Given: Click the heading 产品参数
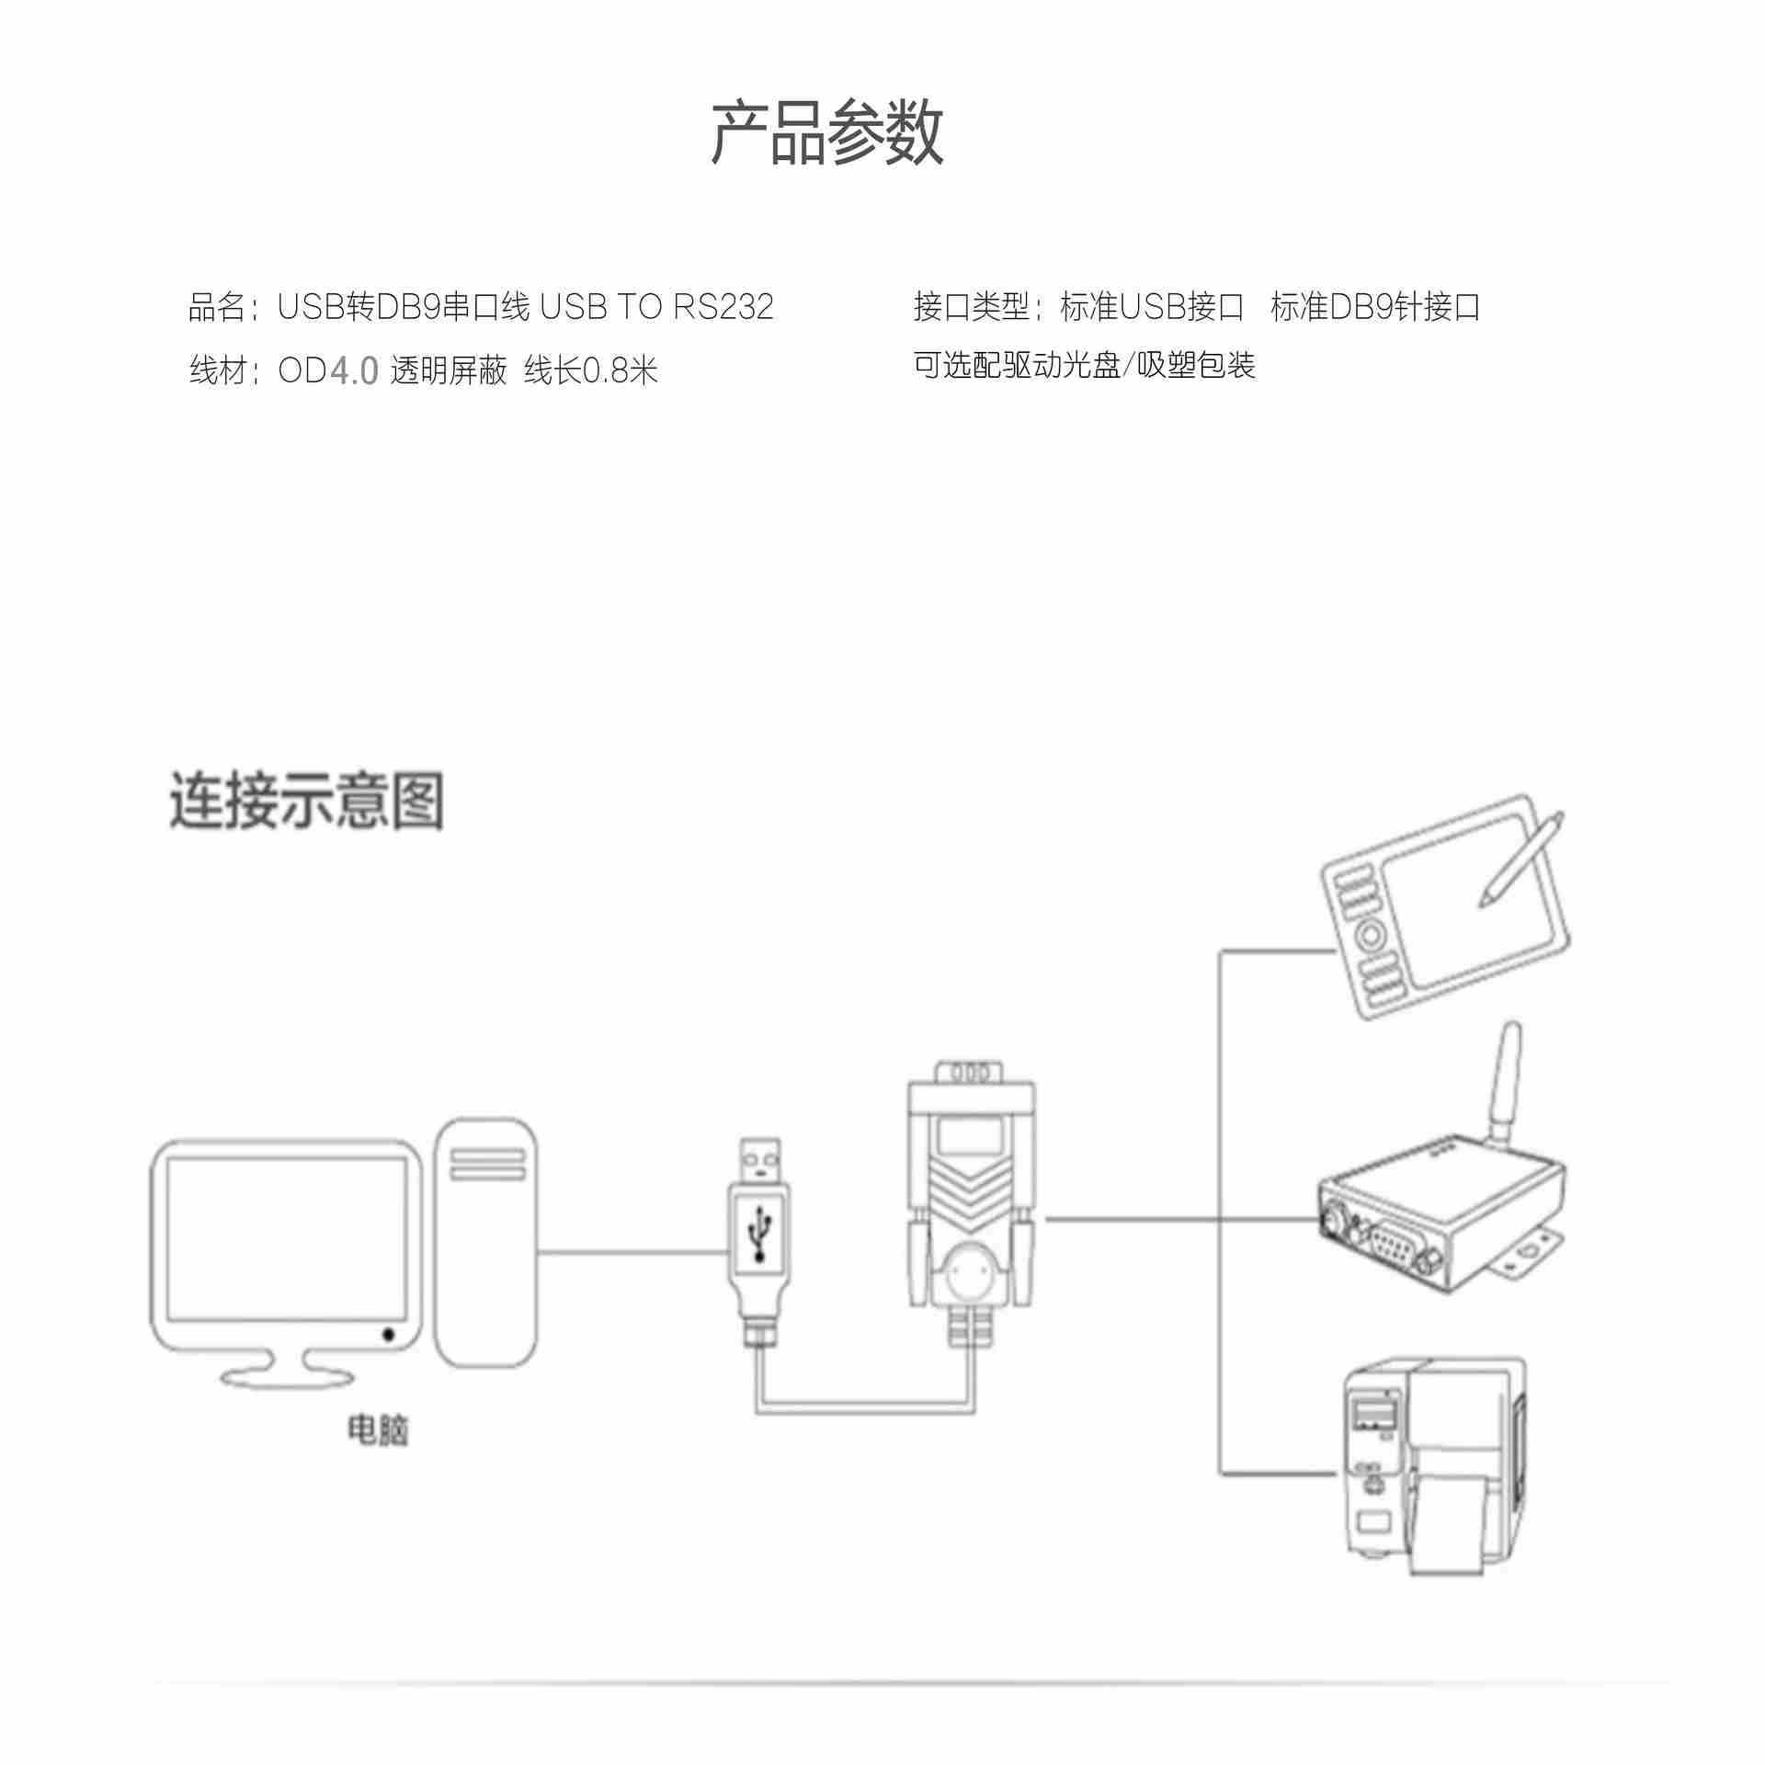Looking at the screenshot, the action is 826,134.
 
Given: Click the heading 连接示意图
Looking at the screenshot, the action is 306,801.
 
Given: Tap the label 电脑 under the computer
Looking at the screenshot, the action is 377,1455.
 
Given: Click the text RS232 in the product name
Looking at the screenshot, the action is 723,307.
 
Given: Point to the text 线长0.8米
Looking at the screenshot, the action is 591,371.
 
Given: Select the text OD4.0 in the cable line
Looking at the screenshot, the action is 328,371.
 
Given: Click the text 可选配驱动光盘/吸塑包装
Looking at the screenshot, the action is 1084,366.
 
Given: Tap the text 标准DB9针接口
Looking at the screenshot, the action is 1375,307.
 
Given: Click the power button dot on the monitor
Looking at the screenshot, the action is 388,1334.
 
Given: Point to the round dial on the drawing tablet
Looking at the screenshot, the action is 1369,935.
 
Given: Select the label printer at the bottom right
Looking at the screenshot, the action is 1434,1489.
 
